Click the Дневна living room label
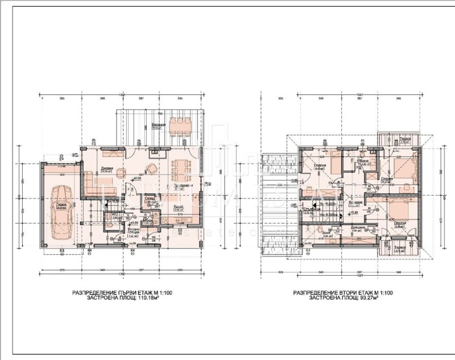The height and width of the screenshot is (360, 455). (108, 168)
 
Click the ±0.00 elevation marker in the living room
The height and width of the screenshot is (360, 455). (136, 177)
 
